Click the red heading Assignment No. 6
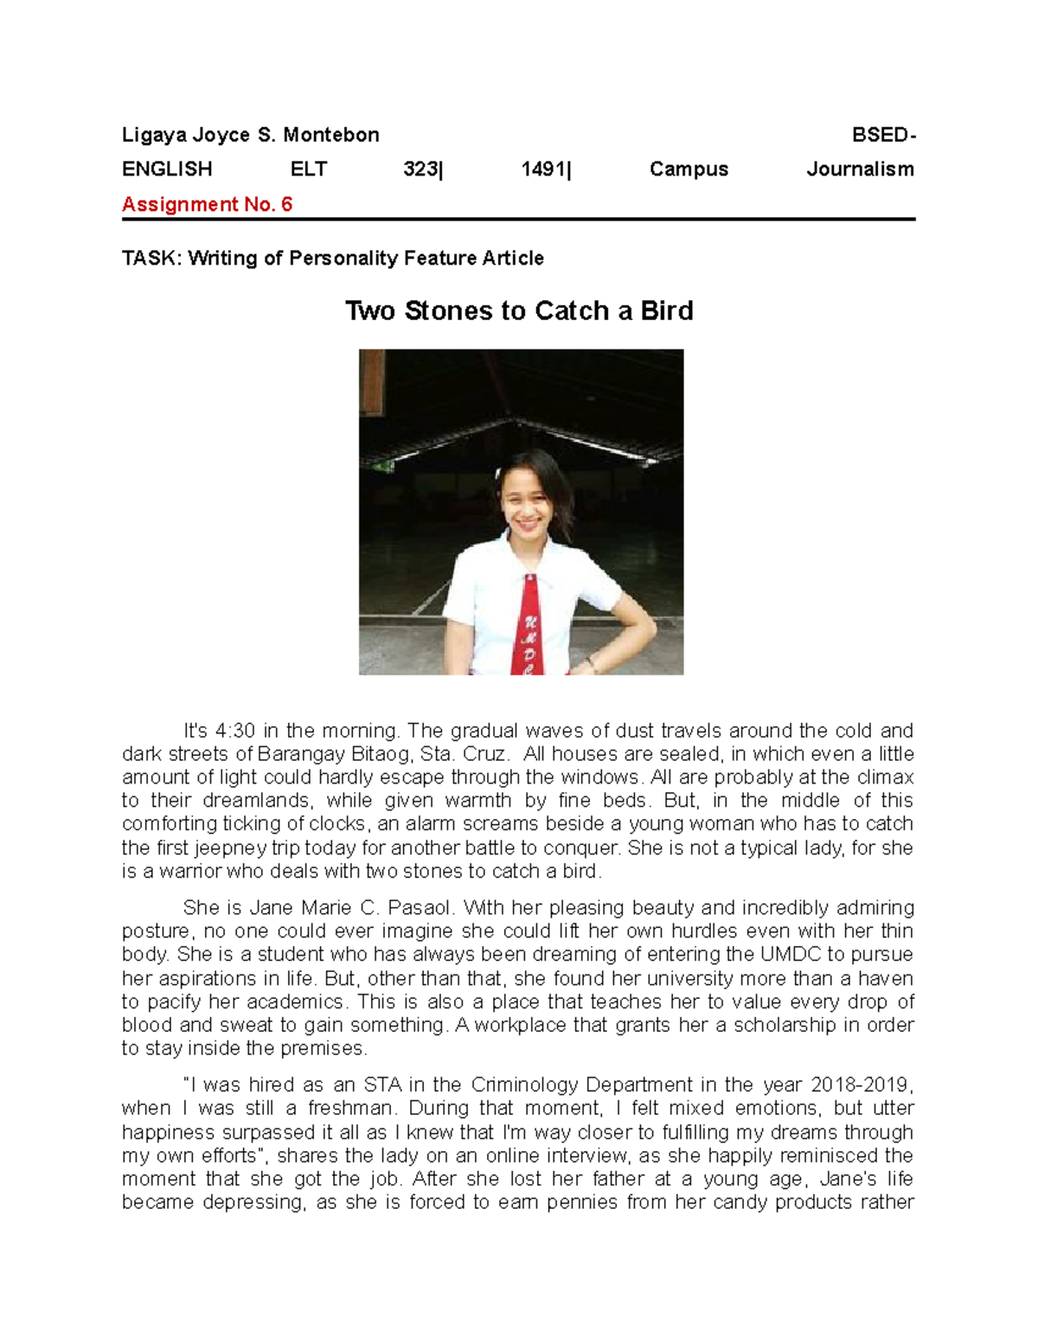coord(207,205)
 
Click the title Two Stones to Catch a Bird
coord(519,310)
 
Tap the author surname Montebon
coord(331,135)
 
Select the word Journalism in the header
coord(860,169)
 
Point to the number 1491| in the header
coord(546,169)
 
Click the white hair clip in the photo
coord(498,472)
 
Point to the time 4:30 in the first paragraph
coord(234,731)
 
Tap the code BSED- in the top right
coord(883,135)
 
